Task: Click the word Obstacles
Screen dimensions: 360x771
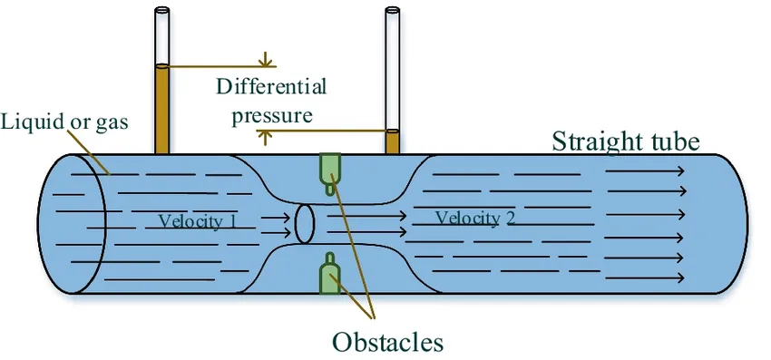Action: click(387, 342)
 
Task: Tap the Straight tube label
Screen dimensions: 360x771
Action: click(626, 141)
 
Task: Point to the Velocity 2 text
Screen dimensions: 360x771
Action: click(474, 218)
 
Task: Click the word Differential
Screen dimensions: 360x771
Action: click(271, 87)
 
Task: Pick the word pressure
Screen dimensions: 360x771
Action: click(272, 115)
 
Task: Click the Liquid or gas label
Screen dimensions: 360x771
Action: click(63, 122)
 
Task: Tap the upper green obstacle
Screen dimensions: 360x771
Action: click(329, 168)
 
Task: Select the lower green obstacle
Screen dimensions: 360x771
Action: click(329, 273)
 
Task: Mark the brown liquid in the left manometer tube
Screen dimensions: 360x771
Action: click(162, 109)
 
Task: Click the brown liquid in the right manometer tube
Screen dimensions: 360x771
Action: click(392, 141)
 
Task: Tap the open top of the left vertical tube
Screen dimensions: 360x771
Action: click(162, 12)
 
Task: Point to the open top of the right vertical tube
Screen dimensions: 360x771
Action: click(392, 12)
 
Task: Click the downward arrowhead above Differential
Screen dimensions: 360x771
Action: click(266, 62)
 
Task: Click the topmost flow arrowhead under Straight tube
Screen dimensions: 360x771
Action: click(680, 170)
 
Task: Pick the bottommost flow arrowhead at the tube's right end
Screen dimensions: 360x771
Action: click(680, 277)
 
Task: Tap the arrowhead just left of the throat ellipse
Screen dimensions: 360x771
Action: click(286, 219)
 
